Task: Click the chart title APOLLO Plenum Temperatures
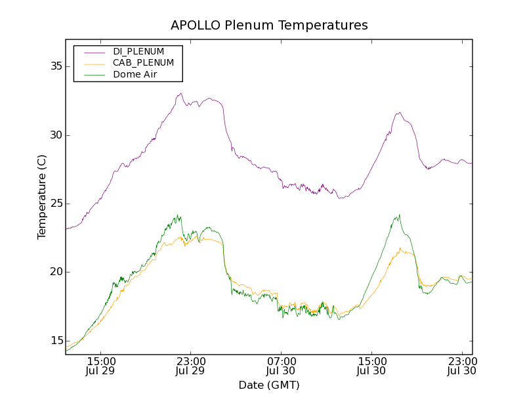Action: tap(269, 26)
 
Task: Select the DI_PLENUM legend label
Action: tap(138, 51)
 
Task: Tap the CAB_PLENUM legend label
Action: tap(143, 63)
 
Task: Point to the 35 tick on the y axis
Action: tap(55, 66)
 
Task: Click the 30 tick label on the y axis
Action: tap(55, 135)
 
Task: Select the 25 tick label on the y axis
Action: tap(55, 204)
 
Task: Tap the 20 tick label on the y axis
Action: tap(55, 272)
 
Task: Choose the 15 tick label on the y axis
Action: tap(55, 340)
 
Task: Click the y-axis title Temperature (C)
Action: tap(42, 197)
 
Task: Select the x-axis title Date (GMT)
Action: tap(269, 385)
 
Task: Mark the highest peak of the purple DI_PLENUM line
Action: tap(180, 93)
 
